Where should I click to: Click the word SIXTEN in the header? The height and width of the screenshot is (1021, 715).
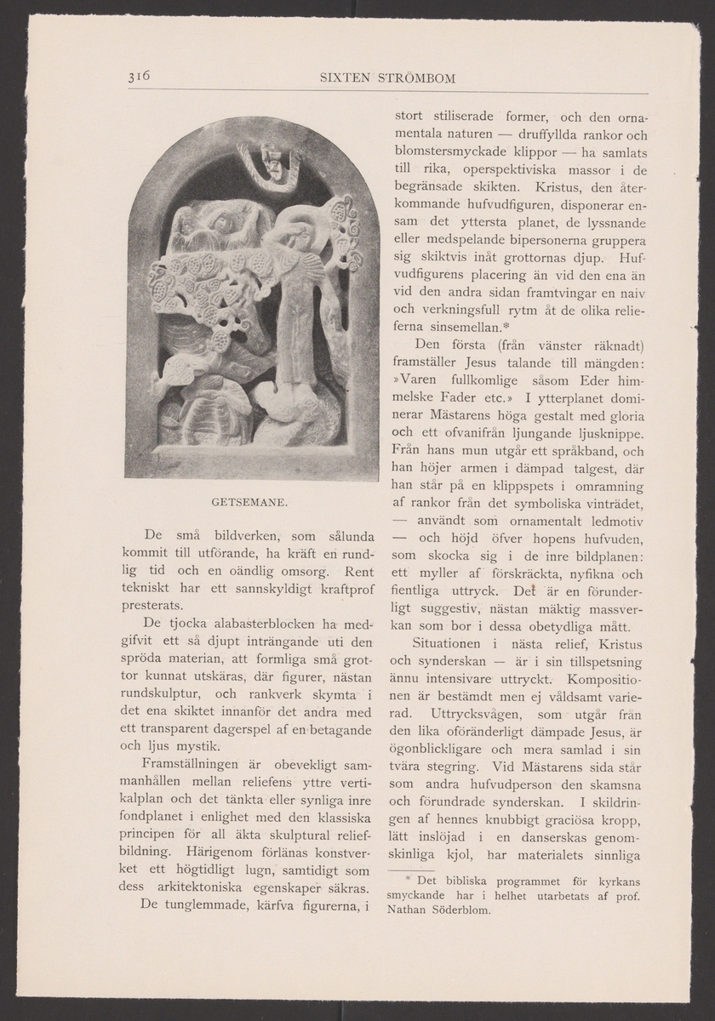pyautogui.click(x=339, y=79)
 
